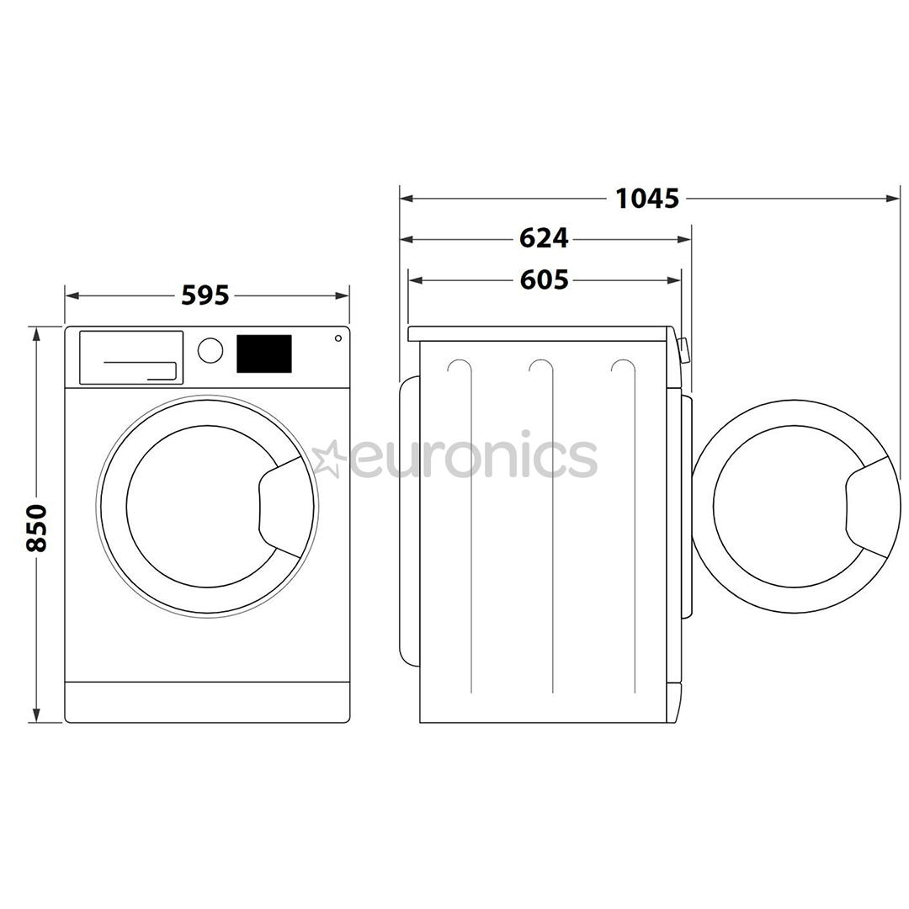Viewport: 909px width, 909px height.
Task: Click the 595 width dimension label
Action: click(206, 295)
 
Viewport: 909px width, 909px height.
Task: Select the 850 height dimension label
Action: click(36, 528)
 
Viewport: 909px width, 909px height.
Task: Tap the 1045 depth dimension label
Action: click(646, 199)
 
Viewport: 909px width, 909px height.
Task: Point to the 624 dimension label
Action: click(544, 239)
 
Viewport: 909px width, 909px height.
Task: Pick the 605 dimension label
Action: click(544, 279)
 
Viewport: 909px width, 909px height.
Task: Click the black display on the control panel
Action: click(263, 353)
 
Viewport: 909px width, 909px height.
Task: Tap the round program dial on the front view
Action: click(210, 350)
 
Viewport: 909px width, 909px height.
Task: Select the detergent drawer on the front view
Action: click(131, 357)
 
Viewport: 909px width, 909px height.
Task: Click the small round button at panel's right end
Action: click(338, 338)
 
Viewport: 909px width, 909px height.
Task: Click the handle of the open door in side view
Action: click(867, 508)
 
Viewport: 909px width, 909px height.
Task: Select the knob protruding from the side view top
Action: click(683, 350)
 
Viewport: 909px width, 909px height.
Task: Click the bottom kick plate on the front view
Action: click(207, 701)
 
